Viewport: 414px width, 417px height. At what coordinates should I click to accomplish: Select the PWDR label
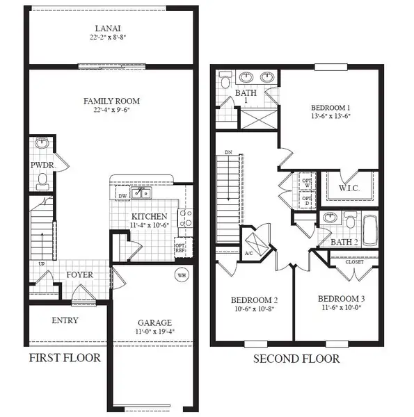[x=40, y=165]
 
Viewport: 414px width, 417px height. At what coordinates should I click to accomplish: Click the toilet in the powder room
[x=42, y=181]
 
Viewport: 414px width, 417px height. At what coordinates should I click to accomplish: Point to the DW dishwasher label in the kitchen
[x=122, y=197]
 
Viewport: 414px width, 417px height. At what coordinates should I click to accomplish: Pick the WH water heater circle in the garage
[x=182, y=275]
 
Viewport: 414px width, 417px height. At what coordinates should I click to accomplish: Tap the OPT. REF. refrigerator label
[x=180, y=248]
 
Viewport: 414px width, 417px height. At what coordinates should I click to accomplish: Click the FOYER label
[x=80, y=275]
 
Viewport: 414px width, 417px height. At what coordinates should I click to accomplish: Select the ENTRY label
[x=65, y=320]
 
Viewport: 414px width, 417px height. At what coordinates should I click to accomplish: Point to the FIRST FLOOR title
[x=65, y=359]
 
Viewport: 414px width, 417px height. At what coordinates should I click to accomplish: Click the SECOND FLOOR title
[x=296, y=359]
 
